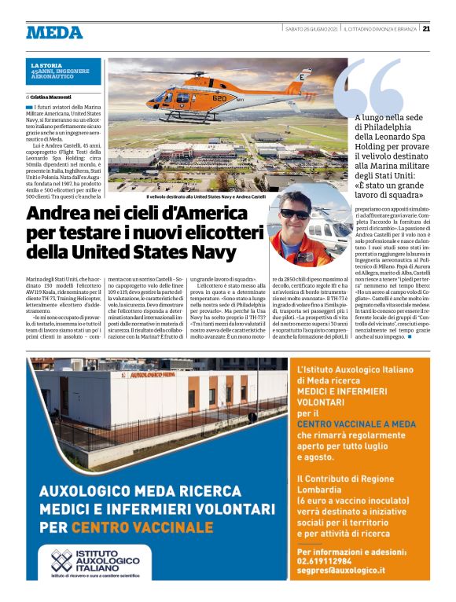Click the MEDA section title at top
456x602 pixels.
pos(54,32)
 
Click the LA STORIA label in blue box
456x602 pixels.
pos(45,65)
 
